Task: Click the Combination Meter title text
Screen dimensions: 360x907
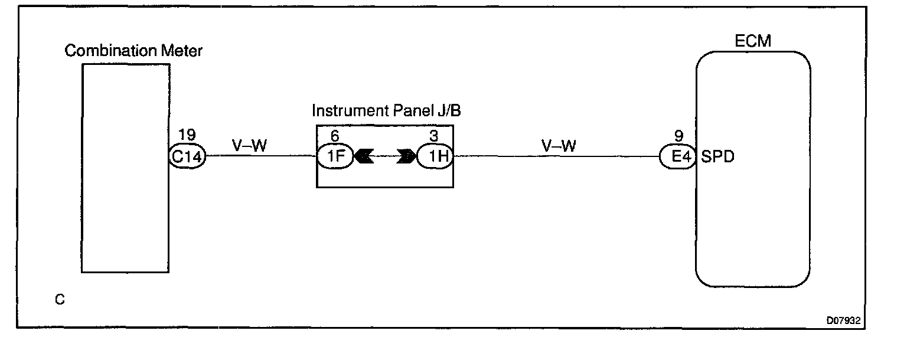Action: [x=133, y=51]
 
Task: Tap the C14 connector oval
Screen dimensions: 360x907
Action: [x=187, y=157]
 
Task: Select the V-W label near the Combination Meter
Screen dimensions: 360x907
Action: [x=250, y=145]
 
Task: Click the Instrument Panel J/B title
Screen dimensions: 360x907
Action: [x=386, y=111]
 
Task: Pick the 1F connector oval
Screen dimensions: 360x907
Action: [x=335, y=157]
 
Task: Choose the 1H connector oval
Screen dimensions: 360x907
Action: [x=435, y=157]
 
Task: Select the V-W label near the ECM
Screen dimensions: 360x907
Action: [x=558, y=145]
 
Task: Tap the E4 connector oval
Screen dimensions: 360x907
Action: [x=678, y=158]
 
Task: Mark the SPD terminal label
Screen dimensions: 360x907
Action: [x=718, y=158]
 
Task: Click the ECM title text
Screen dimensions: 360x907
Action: [x=753, y=41]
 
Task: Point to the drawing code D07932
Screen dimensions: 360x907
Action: [x=844, y=320]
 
